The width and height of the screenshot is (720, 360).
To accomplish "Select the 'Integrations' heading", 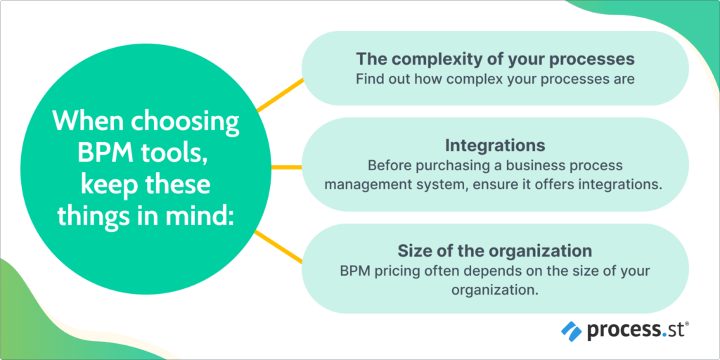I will pyautogui.click(x=495, y=146).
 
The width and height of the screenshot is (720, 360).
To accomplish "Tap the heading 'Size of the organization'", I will pyautogui.click(x=495, y=250).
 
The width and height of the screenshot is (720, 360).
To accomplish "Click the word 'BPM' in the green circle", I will pyautogui.click(x=84, y=155).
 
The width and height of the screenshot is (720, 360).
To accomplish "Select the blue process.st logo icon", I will pyautogui.click(x=571, y=330).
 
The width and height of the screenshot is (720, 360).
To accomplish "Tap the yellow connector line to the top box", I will pyautogui.click(x=280, y=95).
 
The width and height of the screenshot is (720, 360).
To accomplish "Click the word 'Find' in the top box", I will pyautogui.click(x=369, y=79).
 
